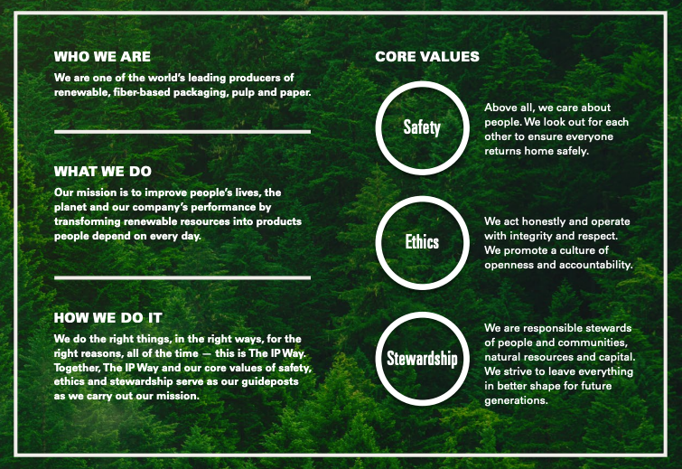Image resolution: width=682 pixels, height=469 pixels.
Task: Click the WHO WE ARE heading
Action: tap(102, 57)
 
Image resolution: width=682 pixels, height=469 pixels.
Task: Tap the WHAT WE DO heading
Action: tap(103, 171)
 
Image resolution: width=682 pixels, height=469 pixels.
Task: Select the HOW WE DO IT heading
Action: tap(108, 317)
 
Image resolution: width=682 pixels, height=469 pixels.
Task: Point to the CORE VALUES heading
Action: tap(427, 57)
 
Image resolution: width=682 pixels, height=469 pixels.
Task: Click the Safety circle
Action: tap(422, 127)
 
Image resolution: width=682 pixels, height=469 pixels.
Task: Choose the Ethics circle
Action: tap(422, 242)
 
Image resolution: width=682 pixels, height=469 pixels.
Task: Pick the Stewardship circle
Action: tap(422, 359)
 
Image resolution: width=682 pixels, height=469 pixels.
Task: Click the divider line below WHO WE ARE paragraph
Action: tap(182, 132)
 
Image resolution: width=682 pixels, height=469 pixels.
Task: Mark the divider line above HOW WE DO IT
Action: tap(182, 277)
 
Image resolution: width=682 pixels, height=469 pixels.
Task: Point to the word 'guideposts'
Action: tap(274, 381)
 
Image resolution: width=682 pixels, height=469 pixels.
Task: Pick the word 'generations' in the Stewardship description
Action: tap(516, 400)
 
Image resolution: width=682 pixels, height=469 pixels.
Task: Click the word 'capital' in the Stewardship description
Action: tap(612, 357)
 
